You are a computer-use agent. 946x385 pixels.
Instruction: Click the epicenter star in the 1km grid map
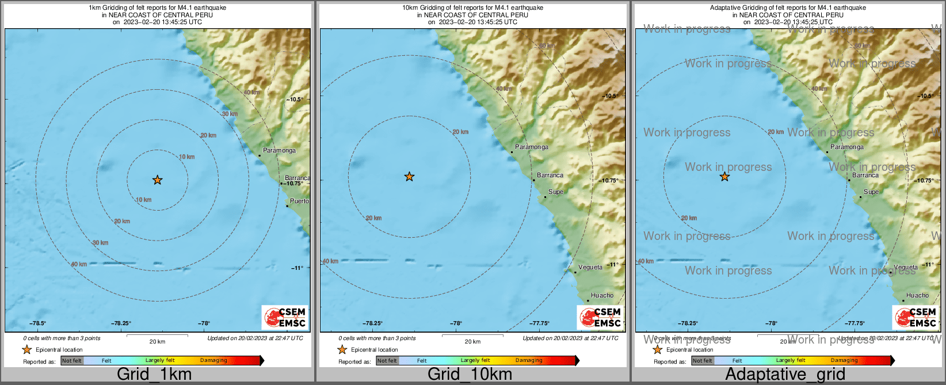(157, 180)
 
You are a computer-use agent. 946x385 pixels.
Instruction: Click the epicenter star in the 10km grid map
(409, 177)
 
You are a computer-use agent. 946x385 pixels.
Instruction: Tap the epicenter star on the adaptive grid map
(724, 177)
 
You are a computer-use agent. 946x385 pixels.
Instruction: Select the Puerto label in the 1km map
(299, 201)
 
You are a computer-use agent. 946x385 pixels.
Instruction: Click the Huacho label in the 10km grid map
(602, 295)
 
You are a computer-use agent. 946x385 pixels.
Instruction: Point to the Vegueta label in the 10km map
(590, 267)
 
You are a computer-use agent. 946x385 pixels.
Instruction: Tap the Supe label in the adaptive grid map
(871, 192)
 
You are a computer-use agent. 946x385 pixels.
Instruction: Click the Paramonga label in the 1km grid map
(279, 150)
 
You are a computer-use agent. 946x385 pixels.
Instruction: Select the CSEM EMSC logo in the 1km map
(285, 318)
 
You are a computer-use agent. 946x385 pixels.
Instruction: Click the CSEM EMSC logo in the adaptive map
(916, 318)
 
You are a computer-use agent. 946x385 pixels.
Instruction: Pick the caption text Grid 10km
(470, 374)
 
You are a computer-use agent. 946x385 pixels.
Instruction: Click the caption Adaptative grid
(785, 374)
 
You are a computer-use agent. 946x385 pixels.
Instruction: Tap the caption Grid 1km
(154, 374)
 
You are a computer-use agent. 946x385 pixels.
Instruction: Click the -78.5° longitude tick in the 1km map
(38, 323)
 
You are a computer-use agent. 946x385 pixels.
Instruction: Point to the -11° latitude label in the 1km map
(297, 268)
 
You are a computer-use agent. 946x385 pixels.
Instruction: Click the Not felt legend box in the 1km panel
(72, 361)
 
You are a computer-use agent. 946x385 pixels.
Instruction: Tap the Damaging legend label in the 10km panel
(529, 360)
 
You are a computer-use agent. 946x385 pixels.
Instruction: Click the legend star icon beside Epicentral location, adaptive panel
(657, 349)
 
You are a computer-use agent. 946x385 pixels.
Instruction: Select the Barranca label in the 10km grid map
(550, 175)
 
